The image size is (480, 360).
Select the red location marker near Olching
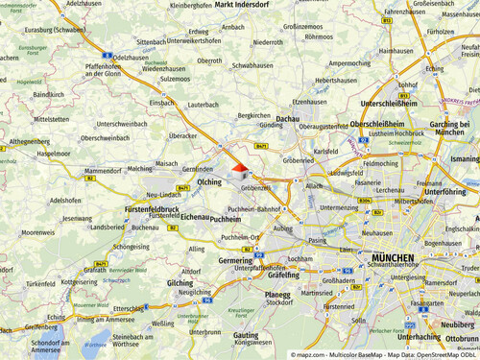click(x=238, y=167)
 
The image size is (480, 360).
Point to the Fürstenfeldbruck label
click(x=152, y=208)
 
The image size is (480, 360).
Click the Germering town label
click(x=235, y=260)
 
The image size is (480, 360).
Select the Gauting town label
click(x=252, y=333)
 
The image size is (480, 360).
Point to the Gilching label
click(x=180, y=283)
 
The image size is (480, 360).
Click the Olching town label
click(x=208, y=181)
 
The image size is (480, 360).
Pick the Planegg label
click(x=277, y=295)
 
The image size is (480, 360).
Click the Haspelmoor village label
click(x=54, y=154)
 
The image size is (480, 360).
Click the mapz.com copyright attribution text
click(x=384, y=354)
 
